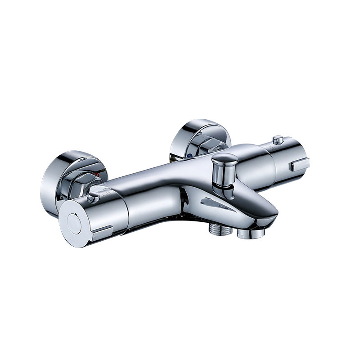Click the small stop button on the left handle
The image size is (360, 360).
[93, 197]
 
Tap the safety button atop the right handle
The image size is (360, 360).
[279, 139]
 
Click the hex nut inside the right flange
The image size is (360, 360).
[205, 144]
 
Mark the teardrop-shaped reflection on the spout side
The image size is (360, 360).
[217, 203]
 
